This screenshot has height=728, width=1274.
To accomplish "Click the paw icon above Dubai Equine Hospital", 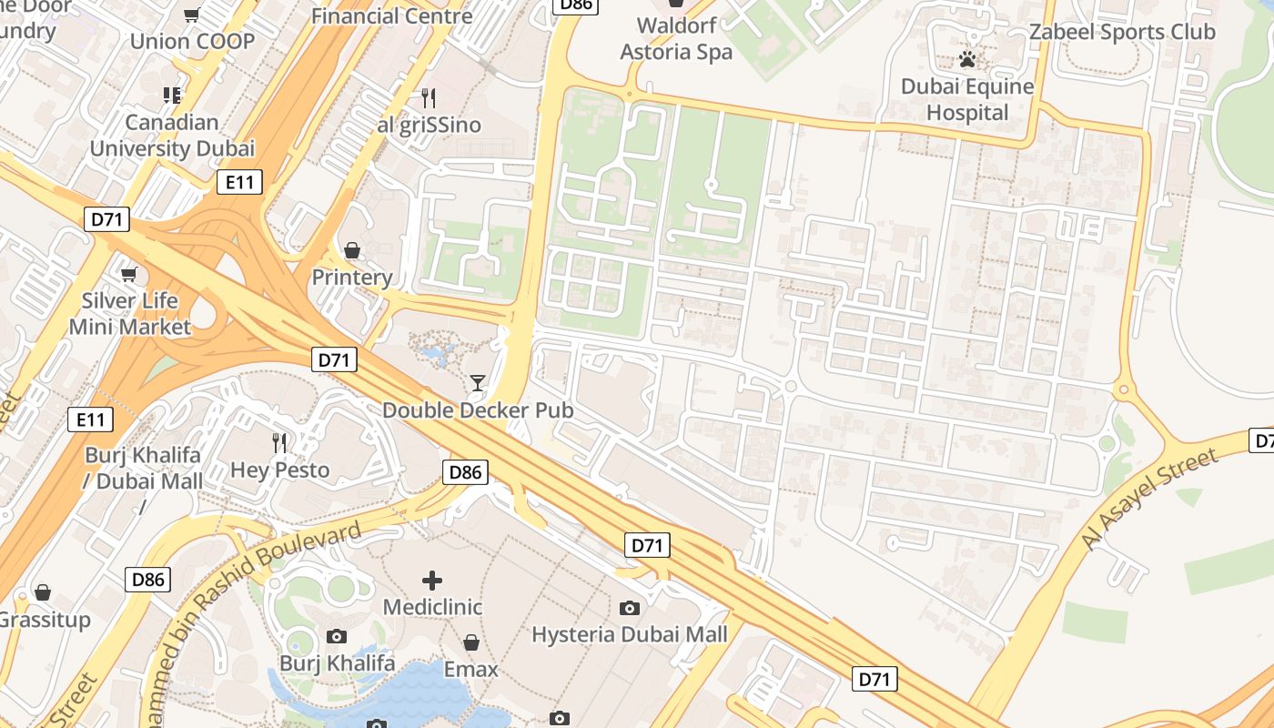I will pos(967,60).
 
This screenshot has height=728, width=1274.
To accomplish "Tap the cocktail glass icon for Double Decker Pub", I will pos(478,383).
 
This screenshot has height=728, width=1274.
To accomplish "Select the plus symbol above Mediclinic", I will pos(432,580).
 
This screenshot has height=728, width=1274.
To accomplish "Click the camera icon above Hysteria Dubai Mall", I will pos(629,608).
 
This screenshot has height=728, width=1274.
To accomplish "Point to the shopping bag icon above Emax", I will pos(470,642).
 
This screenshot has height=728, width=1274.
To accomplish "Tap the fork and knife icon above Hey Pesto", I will pos(279,443).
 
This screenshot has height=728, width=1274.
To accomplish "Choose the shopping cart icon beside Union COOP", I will pos(192,15).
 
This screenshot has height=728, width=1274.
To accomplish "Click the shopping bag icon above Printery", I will pos(351,250).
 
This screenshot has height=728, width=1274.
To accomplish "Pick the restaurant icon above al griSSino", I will pos(429,97).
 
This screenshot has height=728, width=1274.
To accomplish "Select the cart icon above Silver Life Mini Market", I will pos(129,274).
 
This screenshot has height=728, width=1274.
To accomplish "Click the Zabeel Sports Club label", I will pos(1121,32).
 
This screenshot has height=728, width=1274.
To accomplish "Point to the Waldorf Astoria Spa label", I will pos(675,38).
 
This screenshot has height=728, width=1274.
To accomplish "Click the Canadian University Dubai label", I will pos(172,136).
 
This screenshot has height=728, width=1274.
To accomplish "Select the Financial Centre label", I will pos(392,15).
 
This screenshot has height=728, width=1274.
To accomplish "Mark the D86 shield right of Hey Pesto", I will pos(465,471).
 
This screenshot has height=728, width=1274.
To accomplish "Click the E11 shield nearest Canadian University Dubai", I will pos(240,182).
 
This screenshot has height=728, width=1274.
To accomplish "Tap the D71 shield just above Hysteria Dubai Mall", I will pos(647,545).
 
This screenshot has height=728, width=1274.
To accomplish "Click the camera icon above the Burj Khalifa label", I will pos(337,636).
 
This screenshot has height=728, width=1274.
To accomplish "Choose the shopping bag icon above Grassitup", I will pos(43,593).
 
